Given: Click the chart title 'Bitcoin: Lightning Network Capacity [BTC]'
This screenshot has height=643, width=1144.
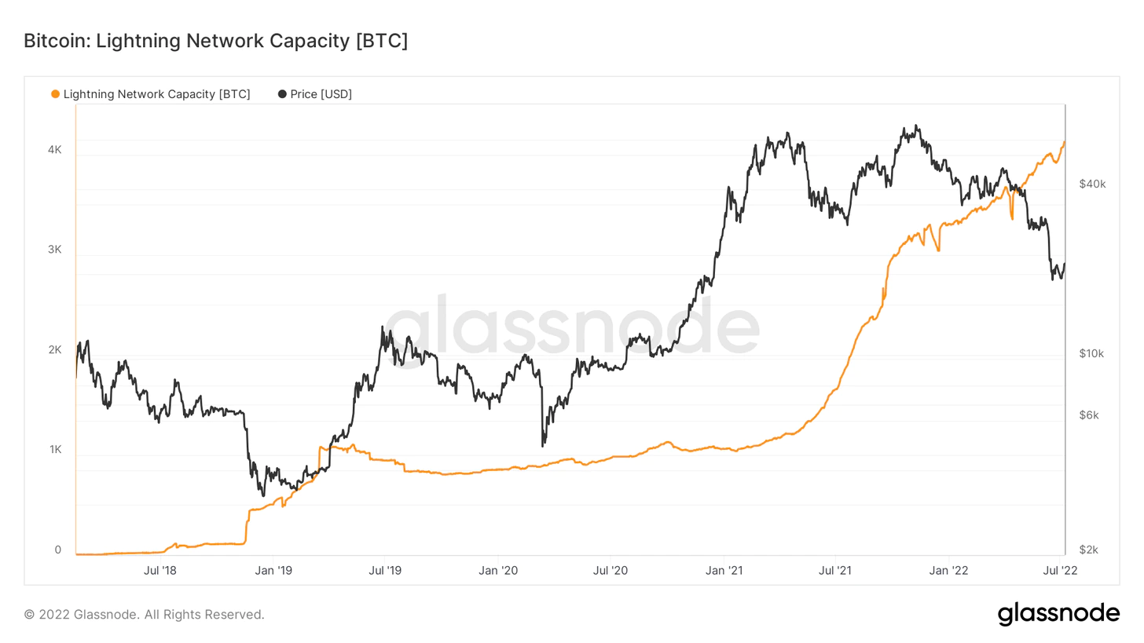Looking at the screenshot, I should coord(215,41).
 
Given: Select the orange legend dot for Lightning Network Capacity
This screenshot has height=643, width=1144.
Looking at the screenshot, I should coord(55,94).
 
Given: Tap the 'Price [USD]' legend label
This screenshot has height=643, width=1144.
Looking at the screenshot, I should coord(321,94).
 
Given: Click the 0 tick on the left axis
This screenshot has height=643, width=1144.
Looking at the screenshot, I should coord(58,550).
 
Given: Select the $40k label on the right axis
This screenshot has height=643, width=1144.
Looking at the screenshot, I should coord(1092,184).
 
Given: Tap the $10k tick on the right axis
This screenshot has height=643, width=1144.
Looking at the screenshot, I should coord(1092,353).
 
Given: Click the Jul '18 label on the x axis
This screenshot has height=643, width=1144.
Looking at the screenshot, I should coord(160,571).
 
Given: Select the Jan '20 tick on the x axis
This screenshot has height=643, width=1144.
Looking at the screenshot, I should coord(499,571).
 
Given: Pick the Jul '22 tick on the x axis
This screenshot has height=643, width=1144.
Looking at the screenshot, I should coord(1064,571).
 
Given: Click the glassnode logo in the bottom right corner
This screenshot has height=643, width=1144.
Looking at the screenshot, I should coord(1058,613).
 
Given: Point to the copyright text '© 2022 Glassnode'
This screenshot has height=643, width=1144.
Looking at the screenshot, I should coord(144,614).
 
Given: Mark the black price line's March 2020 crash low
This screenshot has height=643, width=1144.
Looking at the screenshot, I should coord(543,446).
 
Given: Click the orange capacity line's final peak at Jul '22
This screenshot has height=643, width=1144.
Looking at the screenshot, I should coord(1064,142).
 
